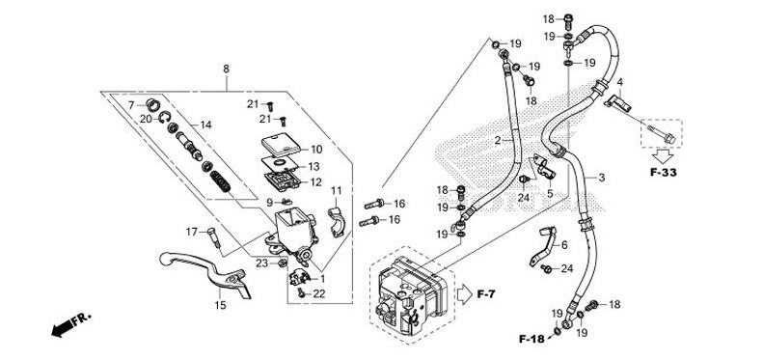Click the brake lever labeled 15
pos(204,269)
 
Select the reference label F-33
pos(664,172)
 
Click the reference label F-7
pos(486,293)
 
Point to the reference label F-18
pos(531,339)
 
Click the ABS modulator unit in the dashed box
pos(412,295)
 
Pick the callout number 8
pos(226,69)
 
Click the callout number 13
pos(313,167)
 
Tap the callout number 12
pos(315,182)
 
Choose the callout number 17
pos(192,232)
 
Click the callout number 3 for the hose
pos(602,178)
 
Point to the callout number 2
pos(498,141)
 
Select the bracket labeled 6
pos(543,247)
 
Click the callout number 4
pos(619,81)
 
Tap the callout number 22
pos(318,293)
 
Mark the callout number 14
pos(205,125)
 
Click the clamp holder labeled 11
pos(337,221)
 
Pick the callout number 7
pos(131,105)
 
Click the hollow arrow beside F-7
pos(465,293)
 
